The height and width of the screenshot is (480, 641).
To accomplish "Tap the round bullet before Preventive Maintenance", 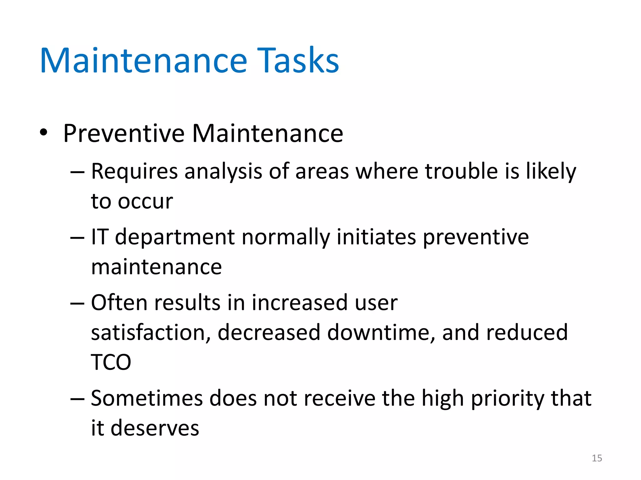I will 44,132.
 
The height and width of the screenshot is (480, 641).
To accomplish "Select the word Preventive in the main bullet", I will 124,134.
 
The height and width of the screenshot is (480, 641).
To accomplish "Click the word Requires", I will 134,172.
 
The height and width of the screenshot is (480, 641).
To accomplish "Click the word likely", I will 551,172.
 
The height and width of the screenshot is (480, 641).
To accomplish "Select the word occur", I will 145,202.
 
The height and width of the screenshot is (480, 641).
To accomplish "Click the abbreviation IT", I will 100,237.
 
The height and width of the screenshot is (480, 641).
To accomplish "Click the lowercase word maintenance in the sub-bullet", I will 156,267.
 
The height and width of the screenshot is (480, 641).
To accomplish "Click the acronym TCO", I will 111,362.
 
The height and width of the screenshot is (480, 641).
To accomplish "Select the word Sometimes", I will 147,398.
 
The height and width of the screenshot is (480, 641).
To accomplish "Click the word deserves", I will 155,428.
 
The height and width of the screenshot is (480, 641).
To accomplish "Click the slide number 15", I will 597,458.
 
